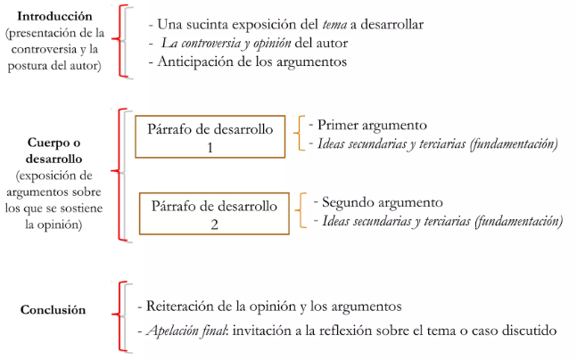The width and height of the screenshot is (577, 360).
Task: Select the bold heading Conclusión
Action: click(54, 310)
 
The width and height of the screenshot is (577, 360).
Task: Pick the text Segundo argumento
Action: click(377, 202)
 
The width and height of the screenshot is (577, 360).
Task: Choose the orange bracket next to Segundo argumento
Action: click(304, 212)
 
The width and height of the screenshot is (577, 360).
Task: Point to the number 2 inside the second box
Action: click(214, 225)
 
